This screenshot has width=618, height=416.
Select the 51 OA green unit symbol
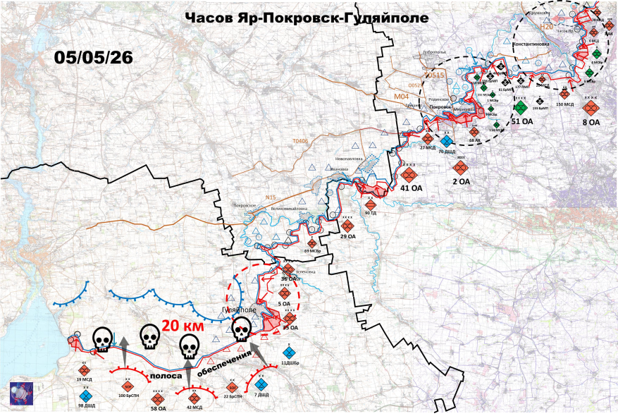[521, 108]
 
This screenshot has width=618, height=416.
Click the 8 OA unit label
[591, 123]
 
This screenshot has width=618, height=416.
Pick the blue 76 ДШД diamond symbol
[446, 140]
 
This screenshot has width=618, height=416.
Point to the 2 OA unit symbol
[461, 169]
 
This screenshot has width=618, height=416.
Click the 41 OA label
[412, 188]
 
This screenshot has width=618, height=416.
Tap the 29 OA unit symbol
[347, 226]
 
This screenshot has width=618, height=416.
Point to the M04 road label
[401, 97]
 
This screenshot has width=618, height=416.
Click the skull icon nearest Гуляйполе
[241, 329]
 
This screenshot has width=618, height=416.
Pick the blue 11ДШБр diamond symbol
[288, 352]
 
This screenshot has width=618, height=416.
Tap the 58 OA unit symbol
[158, 398]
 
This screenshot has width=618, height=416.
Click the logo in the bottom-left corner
[20, 393]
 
